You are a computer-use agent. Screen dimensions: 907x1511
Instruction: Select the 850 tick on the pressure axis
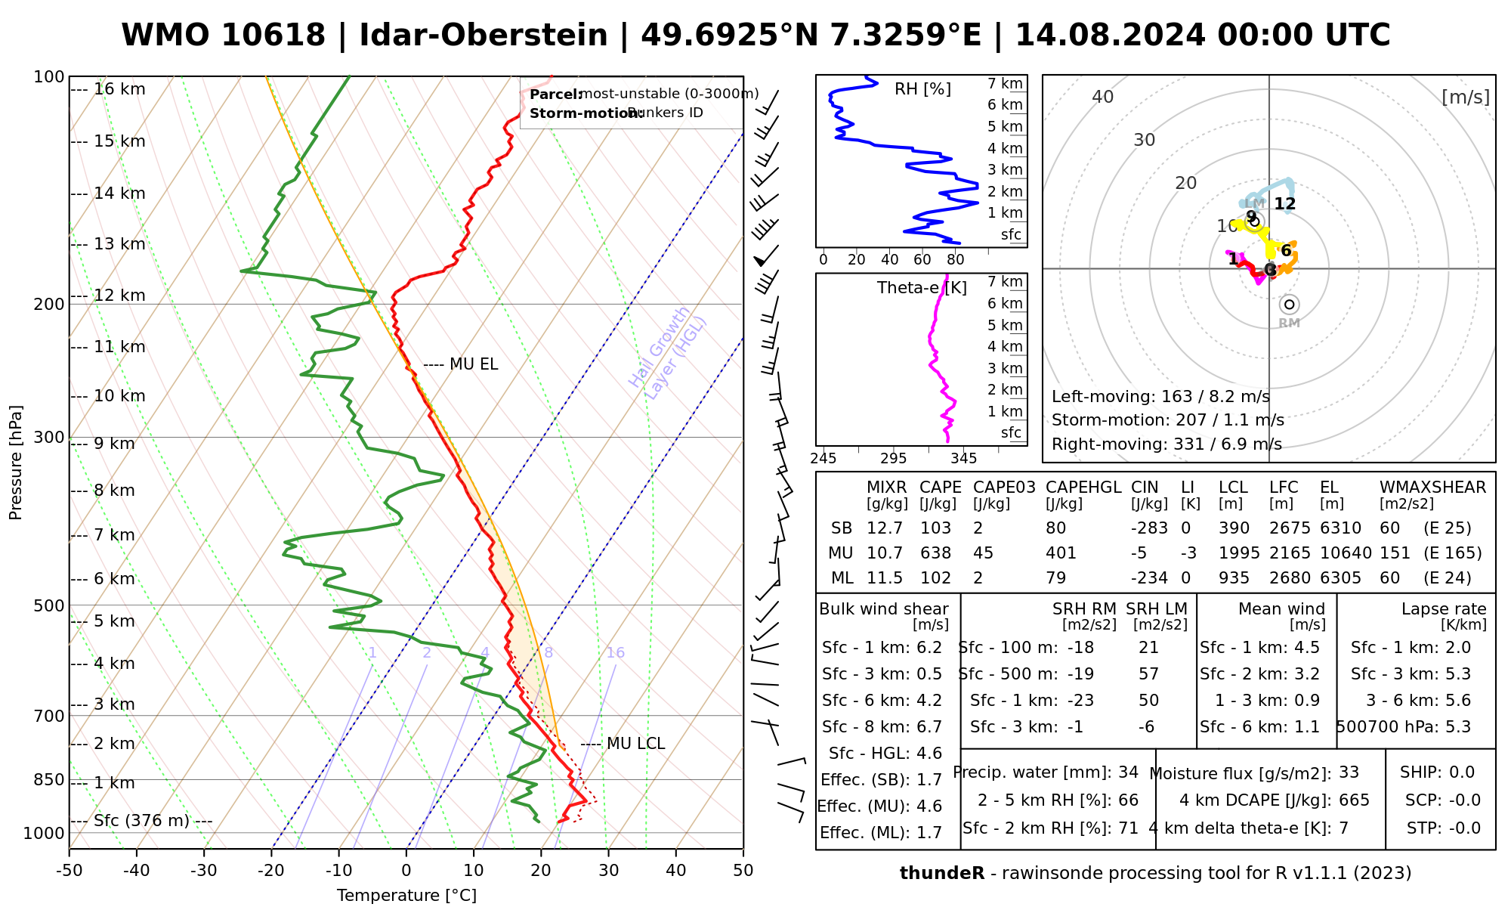[50, 779]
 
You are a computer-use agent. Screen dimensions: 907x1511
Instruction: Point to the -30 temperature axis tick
[204, 871]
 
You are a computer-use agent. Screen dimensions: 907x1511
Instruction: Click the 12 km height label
[119, 296]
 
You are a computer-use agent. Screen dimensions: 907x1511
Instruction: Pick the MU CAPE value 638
[936, 553]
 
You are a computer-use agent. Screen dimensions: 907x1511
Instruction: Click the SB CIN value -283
[1149, 528]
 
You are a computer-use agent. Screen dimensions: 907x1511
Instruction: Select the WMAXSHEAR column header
[1432, 488]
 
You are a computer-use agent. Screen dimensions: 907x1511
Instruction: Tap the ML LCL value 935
[1234, 578]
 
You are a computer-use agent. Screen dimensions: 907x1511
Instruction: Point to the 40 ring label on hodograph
[1103, 97]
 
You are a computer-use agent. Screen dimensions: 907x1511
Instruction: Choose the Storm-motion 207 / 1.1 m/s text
[1167, 420]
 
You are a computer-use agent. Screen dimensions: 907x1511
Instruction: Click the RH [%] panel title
[922, 89]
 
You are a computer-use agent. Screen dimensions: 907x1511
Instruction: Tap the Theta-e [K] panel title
[922, 288]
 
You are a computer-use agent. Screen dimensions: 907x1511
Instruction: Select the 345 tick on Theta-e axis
[963, 459]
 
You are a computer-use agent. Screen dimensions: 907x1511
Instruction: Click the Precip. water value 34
[1128, 772]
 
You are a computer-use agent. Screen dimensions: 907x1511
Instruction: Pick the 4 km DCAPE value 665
[1354, 800]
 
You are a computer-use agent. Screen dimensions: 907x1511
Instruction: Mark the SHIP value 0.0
[1462, 772]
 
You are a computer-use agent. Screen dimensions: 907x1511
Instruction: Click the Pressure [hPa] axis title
[16, 463]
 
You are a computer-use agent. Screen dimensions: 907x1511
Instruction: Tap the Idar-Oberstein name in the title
[484, 36]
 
